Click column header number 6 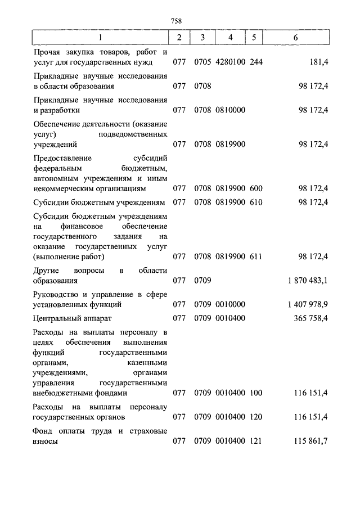pyautogui.click(x=296, y=38)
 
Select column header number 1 pyautogui.click(x=101, y=38)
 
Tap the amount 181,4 pyautogui.click(x=318, y=62)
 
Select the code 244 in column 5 pyautogui.click(x=256, y=62)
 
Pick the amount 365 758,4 pyautogui.click(x=310, y=319)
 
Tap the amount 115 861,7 pyautogui.click(x=310, y=442)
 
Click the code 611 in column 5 pyautogui.click(x=256, y=256)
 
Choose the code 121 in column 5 pyautogui.click(x=256, y=442)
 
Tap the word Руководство pyautogui.click(x=55, y=295)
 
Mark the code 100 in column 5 pyautogui.click(x=256, y=393)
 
